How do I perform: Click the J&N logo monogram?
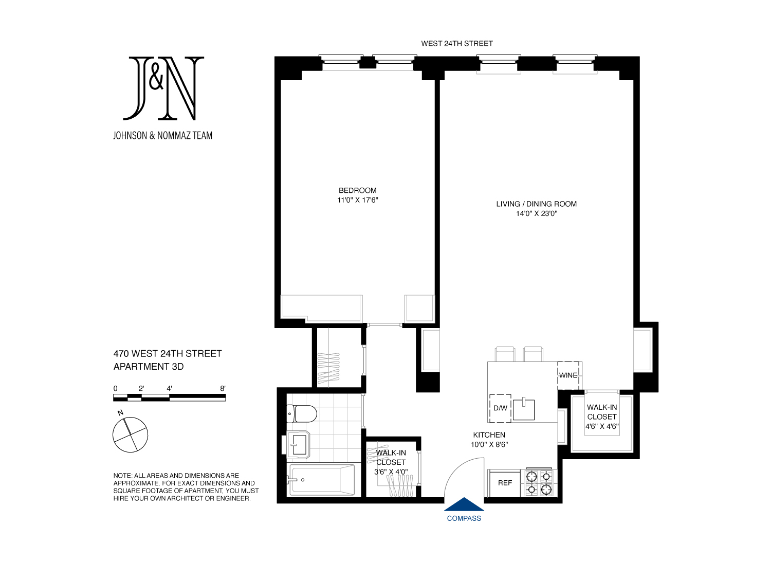(163, 88)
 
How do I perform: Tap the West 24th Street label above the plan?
(457, 43)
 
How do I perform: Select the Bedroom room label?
(357, 190)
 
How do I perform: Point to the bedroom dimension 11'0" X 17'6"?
(357, 200)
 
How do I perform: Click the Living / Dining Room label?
(536, 204)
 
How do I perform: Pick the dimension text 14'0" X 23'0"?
(536, 213)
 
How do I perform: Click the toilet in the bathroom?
(302, 413)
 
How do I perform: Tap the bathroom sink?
(298, 445)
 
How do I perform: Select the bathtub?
(322, 480)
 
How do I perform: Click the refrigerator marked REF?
(505, 483)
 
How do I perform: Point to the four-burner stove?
(539, 483)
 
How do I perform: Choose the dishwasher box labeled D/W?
(500, 408)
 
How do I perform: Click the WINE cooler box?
(568, 375)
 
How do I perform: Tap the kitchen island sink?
(523, 409)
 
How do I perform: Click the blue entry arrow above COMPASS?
(464, 504)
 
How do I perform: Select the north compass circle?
(131, 435)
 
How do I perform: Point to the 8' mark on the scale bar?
(223, 388)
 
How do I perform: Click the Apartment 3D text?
(149, 367)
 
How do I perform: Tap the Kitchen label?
(489, 435)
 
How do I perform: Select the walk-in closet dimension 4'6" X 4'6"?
(602, 426)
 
